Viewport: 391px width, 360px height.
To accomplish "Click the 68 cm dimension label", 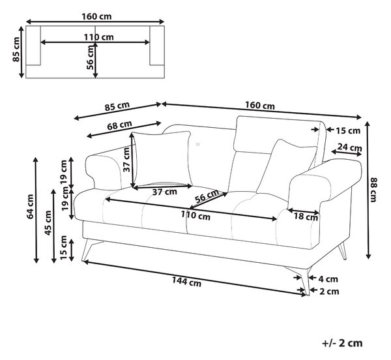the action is click(x=119, y=125).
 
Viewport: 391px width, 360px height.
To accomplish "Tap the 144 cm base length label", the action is click(x=186, y=282).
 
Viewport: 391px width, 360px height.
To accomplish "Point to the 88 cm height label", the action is click(x=373, y=190).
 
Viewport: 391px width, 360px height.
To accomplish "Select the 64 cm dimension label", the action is click(x=30, y=207).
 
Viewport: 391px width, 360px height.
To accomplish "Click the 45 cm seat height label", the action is click(x=48, y=223).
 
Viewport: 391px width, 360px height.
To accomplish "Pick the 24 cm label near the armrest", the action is click(x=349, y=147).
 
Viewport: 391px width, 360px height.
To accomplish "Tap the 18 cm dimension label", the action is click(x=306, y=217).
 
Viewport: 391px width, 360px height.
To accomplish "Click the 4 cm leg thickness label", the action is click(x=328, y=279).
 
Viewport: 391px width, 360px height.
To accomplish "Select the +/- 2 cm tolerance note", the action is click(x=342, y=343).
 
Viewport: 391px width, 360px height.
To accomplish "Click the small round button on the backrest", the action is click(x=197, y=144).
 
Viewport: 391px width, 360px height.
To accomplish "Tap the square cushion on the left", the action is click(x=162, y=159).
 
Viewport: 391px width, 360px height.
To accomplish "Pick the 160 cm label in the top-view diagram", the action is click(x=96, y=16).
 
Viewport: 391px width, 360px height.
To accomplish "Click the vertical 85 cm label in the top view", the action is click(x=16, y=50).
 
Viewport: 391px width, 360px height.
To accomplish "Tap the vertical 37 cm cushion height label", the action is click(x=126, y=159).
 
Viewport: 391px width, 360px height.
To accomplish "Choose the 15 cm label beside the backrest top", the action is click(x=348, y=130).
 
